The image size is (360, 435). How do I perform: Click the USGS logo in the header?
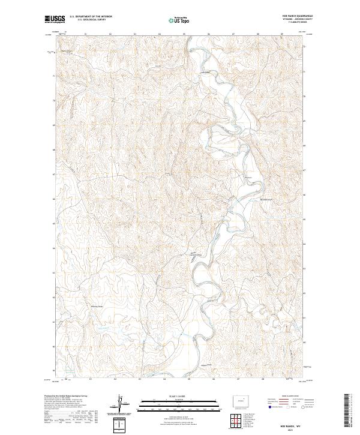pos(53,20)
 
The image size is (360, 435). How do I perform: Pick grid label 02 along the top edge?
pos(110,34)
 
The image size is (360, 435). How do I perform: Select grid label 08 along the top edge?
pos(257,34)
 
